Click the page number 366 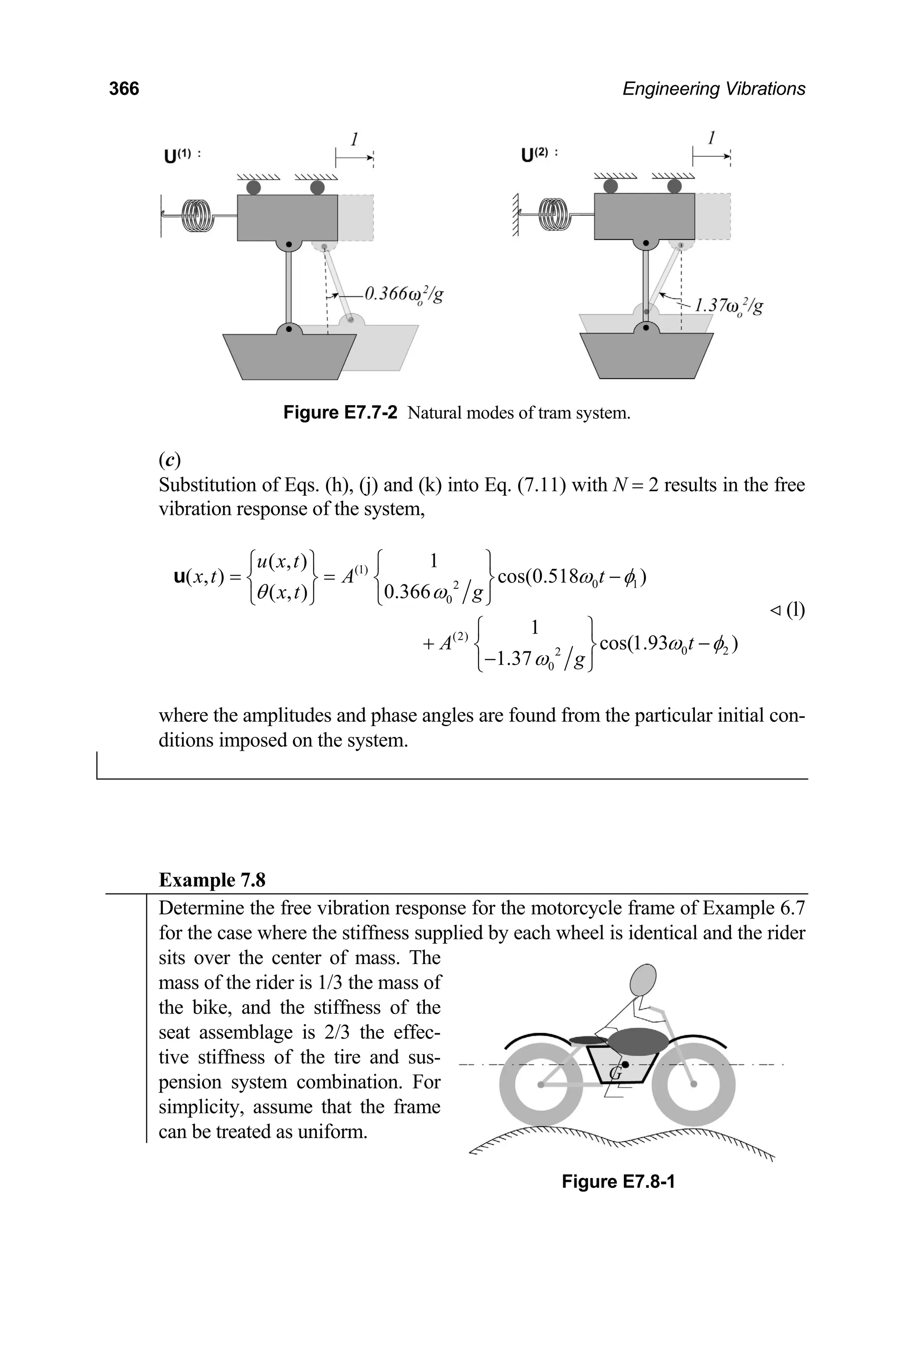(x=124, y=89)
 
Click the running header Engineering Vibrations (x=714, y=89)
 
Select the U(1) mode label (x=182, y=156)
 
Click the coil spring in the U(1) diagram (x=196, y=215)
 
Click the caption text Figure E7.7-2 (x=340, y=413)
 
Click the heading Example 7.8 (x=212, y=880)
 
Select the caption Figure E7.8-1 (x=618, y=1182)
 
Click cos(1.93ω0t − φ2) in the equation (x=669, y=643)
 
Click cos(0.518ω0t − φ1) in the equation (x=573, y=577)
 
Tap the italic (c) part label (x=170, y=460)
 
